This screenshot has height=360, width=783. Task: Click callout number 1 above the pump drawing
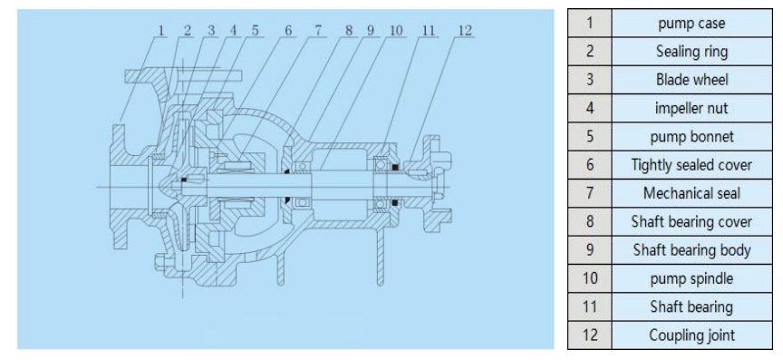click(161, 31)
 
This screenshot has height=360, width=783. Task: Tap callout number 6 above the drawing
click(288, 31)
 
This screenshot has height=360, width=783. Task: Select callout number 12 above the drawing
click(464, 31)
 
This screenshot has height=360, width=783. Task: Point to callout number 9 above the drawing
click(370, 31)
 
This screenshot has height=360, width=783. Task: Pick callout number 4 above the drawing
click(233, 31)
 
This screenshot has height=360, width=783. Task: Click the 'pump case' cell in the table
click(691, 23)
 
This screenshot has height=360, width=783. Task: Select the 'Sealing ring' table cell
click(691, 52)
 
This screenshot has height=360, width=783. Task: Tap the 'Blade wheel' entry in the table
click(691, 80)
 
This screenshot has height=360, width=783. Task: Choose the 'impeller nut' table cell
click(691, 109)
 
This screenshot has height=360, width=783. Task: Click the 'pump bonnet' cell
click(691, 137)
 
